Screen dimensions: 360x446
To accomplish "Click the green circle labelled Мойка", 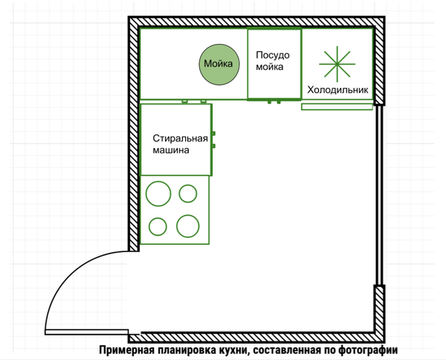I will pos(218,64).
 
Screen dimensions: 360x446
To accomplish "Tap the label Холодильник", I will pos(338,90).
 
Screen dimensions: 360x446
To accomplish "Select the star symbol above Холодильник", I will pos(338,63).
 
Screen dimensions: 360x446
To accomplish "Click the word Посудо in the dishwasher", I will pos(273,55).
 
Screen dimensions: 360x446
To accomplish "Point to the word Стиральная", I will pos(179,138).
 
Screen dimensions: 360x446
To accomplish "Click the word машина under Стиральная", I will pos(172,150).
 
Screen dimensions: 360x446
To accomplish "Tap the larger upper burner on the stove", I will pos(158,194).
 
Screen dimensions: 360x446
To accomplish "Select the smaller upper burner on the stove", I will pos(188,193).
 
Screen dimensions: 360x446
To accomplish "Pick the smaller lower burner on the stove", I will pos(158,225).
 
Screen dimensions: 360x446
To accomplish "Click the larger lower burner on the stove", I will pos(187,225).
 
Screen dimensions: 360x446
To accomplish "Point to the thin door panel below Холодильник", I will pos(337,107).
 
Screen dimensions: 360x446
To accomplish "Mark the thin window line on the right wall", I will pos(378,195).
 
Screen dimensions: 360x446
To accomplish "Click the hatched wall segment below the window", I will pos(378,309).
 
